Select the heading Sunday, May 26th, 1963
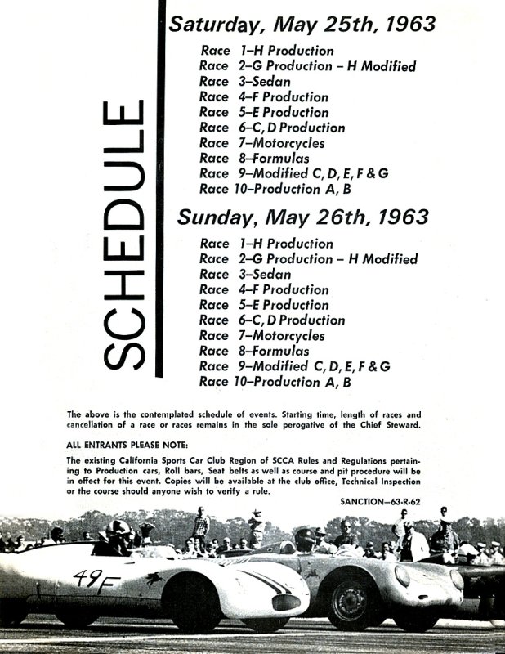(x=302, y=217)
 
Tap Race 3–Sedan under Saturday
(x=244, y=81)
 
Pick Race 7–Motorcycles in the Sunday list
(x=261, y=336)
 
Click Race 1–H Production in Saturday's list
(x=266, y=50)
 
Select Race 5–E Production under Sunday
(x=264, y=305)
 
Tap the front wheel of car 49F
(x=194, y=603)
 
